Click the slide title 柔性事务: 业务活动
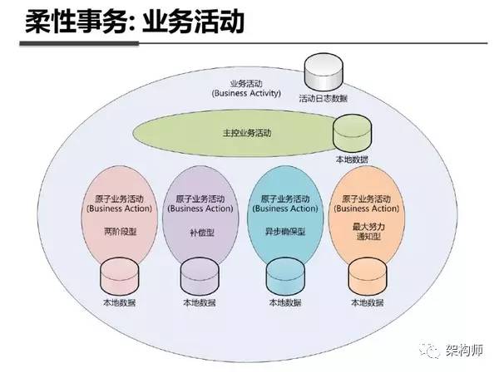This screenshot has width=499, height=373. click(x=125, y=22)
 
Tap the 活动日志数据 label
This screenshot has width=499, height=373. click(x=324, y=99)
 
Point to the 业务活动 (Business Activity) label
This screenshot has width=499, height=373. click(x=247, y=89)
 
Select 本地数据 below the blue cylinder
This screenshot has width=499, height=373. click(x=284, y=303)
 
